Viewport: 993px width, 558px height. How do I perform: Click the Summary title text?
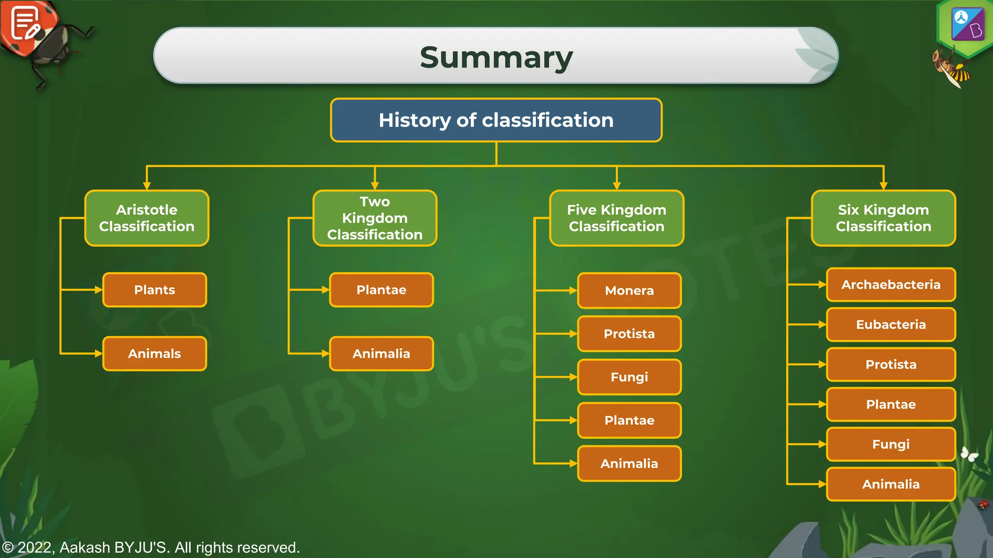(496, 57)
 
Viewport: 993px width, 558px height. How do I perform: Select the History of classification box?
(496, 120)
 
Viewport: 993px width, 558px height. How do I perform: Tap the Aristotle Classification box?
(147, 218)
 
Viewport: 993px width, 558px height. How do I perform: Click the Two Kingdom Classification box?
(375, 218)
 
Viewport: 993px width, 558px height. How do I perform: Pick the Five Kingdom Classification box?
(616, 218)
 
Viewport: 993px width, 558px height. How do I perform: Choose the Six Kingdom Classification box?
(883, 218)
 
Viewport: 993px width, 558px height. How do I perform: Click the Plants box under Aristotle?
(155, 290)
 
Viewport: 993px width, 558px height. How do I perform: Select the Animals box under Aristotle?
(155, 354)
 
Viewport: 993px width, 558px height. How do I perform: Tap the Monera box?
(629, 291)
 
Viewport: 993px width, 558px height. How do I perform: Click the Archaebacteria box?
(891, 285)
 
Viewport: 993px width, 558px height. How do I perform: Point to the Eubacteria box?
(891, 325)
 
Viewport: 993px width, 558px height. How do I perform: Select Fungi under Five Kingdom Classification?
(629, 377)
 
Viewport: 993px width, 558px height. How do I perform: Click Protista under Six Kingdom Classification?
(891, 364)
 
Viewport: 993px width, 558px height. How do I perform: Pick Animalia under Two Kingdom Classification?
(381, 354)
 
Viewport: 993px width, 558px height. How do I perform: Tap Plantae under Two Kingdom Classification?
(381, 290)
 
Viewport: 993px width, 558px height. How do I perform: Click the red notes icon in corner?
(27, 24)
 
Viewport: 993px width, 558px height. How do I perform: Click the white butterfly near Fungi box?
(969, 454)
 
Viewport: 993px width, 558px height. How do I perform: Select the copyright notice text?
(151, 547)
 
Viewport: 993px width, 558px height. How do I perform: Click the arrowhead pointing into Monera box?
(573, 291)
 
